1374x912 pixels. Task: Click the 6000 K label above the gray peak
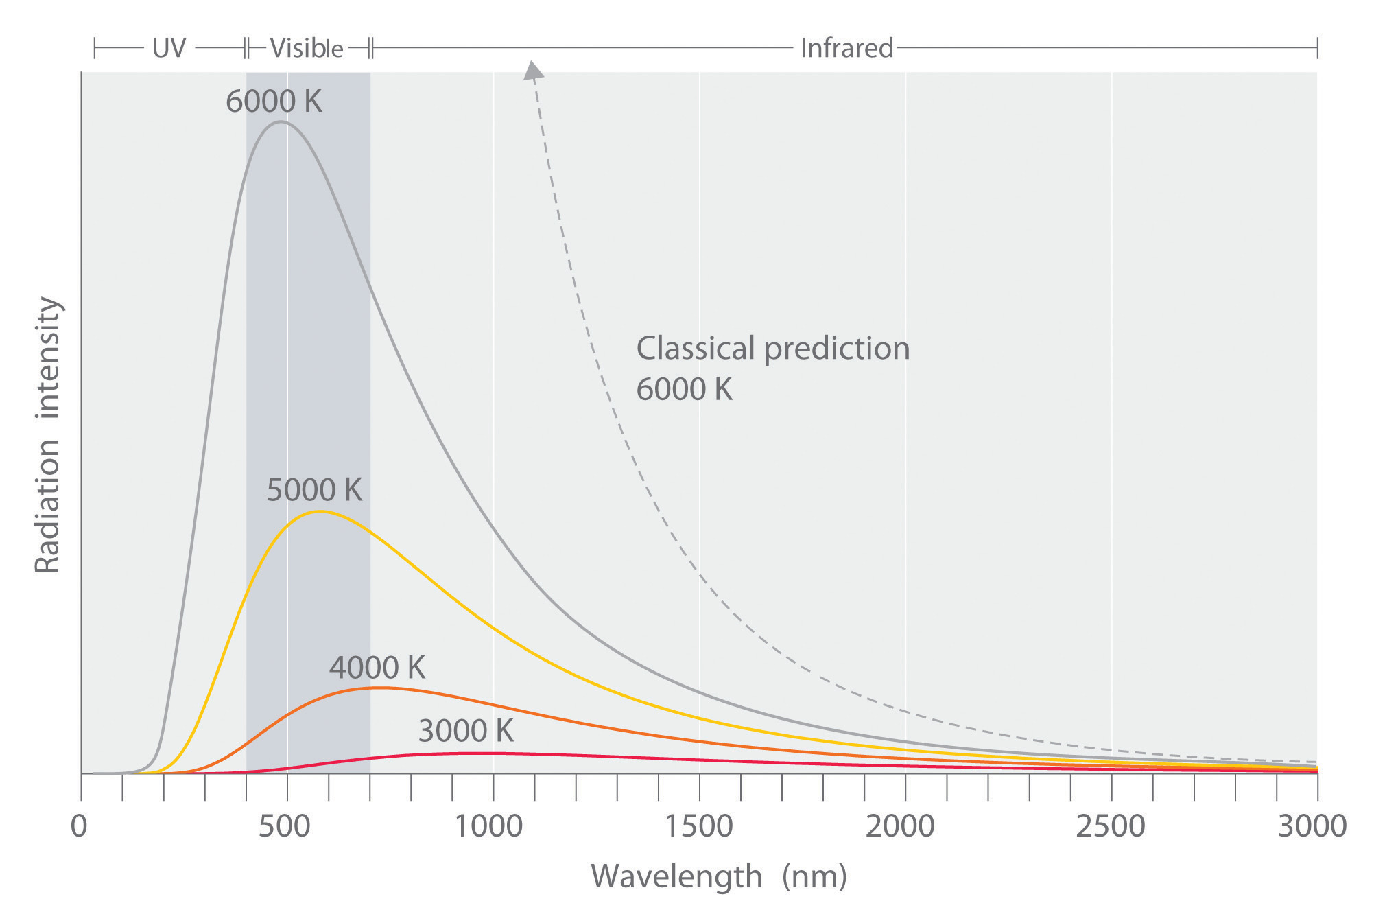pos(274,102)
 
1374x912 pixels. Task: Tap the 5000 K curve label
pos(314,490)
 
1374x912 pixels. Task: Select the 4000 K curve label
pos(377,667)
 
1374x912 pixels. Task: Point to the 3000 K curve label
pos(466,731)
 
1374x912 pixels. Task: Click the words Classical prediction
pos(772,349)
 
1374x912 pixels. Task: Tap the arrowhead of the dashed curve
pos(532,71)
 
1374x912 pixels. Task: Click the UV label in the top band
pos(169,48)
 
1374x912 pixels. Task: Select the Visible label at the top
pos(307,48)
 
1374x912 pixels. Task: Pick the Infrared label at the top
pos(846,48)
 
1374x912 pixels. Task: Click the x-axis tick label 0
pos(80,826)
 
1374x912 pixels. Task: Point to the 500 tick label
pos(284,826)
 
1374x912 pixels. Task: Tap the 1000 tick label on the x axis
pos(489,826)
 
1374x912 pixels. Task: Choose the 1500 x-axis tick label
pos(698,826)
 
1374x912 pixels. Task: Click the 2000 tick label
pos(900,826)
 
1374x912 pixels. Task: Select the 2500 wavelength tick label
pos(1110,826)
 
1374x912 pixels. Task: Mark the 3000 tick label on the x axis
pos(1312,826)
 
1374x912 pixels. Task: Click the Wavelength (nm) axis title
pos(719,877)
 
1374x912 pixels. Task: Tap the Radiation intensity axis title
pos(48,435)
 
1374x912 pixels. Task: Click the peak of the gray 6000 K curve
pos(280,122)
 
